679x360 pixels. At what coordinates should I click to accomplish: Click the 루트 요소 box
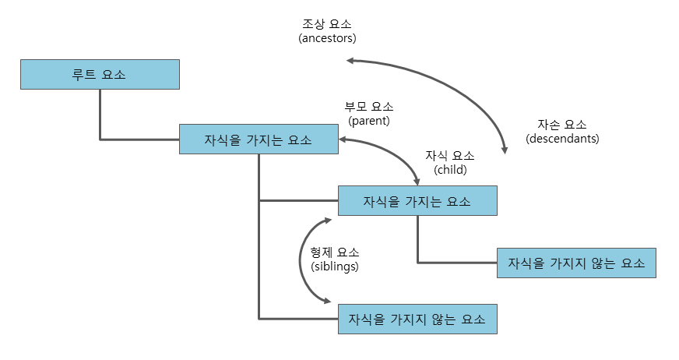100,76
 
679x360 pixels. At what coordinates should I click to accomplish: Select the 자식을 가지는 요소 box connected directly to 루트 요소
259,139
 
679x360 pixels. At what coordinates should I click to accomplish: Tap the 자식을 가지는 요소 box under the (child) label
417,201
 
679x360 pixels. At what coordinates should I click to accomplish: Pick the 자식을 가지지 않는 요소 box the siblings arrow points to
417,319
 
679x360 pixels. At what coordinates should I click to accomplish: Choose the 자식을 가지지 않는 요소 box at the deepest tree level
576,263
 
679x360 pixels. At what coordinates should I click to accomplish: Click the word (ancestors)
327,37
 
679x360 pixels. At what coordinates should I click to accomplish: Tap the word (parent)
369,121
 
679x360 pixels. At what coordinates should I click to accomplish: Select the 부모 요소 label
369,107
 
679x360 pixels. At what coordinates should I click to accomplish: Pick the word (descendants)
562,139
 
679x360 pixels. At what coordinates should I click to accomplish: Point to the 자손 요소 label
562,125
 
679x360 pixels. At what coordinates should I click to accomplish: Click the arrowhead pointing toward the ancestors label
351,60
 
